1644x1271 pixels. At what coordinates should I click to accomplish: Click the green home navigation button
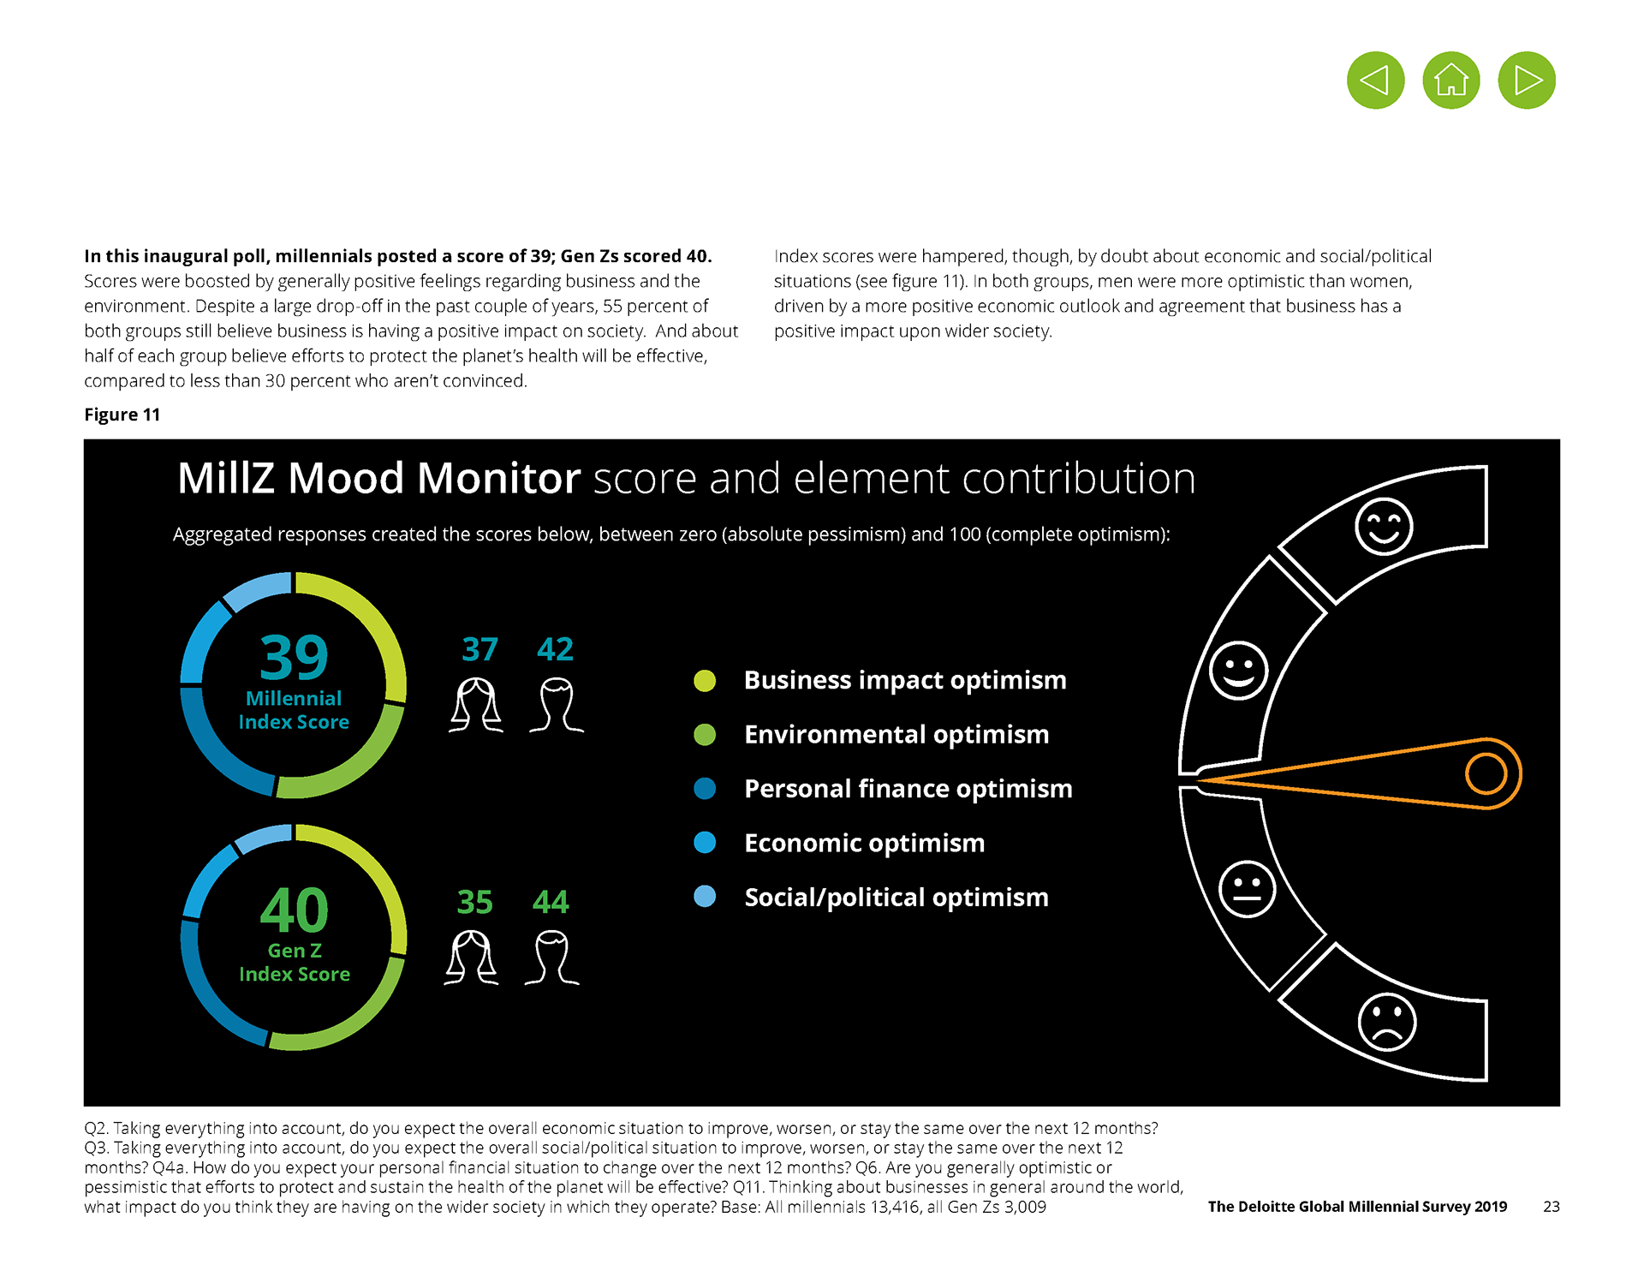click(1451, 81)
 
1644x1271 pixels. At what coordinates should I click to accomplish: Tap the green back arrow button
click(1376, 81)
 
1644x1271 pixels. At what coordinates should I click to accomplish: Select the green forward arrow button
click(1527, 81)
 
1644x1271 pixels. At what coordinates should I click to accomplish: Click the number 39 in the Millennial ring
click(294, 658)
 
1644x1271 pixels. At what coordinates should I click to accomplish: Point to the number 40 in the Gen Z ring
click(294, 910)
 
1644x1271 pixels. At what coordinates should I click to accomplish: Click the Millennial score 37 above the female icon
click(479, 649)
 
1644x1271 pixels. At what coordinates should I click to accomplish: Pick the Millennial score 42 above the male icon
click(555, 649)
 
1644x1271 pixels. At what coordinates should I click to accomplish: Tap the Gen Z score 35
click(474, 902)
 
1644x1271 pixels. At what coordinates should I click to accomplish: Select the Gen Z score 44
click(551, 902)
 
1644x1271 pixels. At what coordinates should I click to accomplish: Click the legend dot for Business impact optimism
click(705, 681)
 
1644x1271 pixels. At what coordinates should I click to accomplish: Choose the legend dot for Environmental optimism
click(705, 735)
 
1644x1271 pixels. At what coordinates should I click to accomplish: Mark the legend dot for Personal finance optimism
click(705, 789)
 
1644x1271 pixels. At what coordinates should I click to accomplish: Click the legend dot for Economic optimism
click(705, 843)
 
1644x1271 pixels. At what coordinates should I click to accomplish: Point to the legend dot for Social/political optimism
click(705, 897)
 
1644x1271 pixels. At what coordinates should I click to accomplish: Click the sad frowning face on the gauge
click(1387, 1022)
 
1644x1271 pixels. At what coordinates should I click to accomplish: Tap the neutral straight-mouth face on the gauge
click(1248, 889)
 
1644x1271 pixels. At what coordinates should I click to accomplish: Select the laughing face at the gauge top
click(1384, 526)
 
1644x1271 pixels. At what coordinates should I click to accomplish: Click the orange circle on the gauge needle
click(1486, 773)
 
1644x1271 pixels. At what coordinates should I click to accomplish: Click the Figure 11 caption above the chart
click(122, 415)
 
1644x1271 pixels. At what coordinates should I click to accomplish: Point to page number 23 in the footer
click(1551, 1207)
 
